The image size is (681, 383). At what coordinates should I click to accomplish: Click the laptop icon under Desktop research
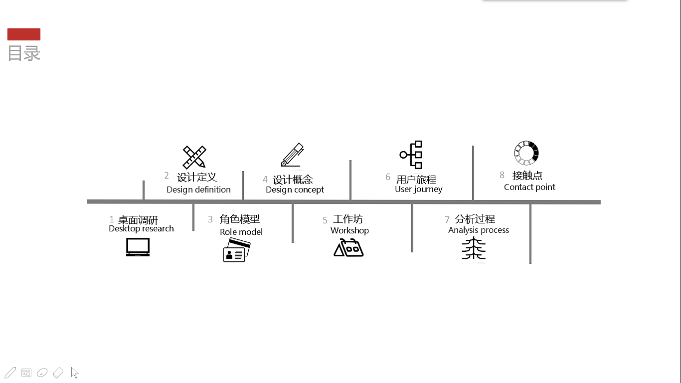pos(138,247)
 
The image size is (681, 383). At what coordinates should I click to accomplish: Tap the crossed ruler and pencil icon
pos(194,157)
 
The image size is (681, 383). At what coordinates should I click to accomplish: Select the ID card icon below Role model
pos(236,250)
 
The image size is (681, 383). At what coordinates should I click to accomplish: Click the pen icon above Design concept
pos(292,155)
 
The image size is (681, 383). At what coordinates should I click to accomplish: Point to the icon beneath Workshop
pos(348,247)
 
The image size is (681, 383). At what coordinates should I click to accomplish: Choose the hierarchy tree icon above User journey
pos(412,155)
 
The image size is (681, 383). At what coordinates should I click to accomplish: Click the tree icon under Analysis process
pos(474,249)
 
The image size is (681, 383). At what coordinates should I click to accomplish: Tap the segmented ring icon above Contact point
pos(526,153)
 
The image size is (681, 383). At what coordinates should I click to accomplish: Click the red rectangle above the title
pos(24,34)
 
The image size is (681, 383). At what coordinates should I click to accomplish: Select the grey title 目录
pos(24,53)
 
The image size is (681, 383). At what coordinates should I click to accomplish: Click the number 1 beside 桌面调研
pos(112,219)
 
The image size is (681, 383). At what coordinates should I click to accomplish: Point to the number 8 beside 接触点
pos(502,175)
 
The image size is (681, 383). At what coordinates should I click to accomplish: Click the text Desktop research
pos(141,229)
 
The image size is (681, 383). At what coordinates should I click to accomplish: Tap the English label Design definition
pos(198,190)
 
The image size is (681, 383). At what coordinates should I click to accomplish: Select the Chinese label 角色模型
pos(240,219)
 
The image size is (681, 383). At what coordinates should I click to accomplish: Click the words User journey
pos(418,190)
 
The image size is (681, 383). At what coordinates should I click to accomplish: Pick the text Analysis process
pos(479,230)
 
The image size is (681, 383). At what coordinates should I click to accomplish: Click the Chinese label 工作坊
pos(348,219)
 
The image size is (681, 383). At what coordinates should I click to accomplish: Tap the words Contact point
pos(529,188)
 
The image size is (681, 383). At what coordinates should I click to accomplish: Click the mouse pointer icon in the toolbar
pos(75,373)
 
